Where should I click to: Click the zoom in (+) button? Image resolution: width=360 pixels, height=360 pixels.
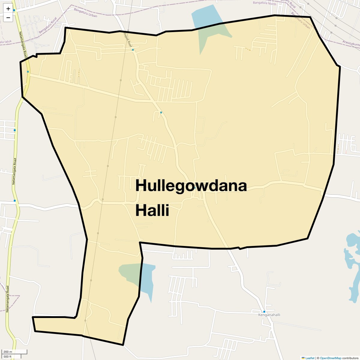(x=8, y=9)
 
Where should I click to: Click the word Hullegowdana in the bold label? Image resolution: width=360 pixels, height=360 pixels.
(x=191, y=185)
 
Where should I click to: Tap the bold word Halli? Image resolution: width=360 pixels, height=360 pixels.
(x=152, y=210)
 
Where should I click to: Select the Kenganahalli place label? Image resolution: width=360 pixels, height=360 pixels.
(x=269, y=315)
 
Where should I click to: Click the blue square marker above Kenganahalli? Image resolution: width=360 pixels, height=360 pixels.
(x=264, y=311)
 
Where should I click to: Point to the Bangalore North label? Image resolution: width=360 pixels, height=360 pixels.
(x=264, y=4)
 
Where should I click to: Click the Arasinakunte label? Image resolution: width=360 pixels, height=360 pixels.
(x=351, y=44)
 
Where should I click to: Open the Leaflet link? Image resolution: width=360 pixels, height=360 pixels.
(x=310, y=358)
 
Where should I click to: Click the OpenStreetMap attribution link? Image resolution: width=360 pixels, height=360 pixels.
(x=330, y=358)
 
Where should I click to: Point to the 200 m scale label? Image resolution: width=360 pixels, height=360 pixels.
(x=8, y=352)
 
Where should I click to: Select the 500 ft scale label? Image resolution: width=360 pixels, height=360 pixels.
(x=7, y=356)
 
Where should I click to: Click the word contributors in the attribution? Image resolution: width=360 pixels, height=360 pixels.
(x=350, y=358)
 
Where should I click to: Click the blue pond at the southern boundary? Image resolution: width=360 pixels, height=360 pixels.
(x=147, y=279)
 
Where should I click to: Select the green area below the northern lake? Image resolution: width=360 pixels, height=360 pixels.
(x=213, y=36)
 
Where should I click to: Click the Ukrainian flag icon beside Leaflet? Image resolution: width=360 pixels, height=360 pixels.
(x=303, y=358)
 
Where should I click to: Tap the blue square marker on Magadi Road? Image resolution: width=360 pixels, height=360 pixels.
(x=133, y=50)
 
